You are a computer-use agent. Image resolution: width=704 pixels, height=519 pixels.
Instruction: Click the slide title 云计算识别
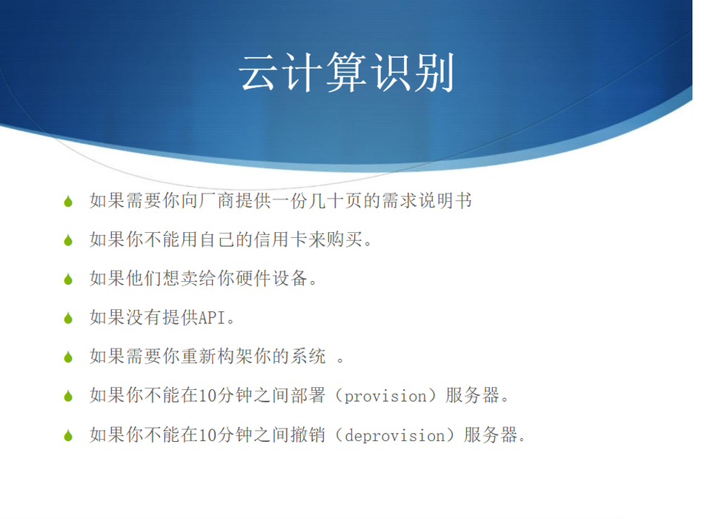(346, 73)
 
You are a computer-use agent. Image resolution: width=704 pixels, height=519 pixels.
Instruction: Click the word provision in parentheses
(385, 397)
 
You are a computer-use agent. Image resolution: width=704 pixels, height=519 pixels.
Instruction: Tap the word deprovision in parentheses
(395, 435)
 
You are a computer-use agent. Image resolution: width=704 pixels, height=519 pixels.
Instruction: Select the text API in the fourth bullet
(211, 317)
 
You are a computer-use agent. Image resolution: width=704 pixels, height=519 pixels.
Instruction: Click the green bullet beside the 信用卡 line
(68, 240)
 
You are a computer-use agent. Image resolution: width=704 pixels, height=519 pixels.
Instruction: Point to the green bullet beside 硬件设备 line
(68, 280)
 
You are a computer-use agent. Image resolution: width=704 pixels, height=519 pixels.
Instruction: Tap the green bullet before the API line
(68, 319)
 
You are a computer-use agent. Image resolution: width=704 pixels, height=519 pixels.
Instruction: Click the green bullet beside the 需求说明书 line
(68, 202)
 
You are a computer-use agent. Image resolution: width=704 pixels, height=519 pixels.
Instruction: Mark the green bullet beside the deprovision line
(68, 435)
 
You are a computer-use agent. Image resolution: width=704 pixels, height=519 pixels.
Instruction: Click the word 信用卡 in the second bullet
(281, 239)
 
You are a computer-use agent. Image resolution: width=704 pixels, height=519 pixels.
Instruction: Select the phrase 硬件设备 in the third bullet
(272, 279)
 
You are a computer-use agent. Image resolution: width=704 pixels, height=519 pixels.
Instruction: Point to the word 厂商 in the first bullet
(217, 200)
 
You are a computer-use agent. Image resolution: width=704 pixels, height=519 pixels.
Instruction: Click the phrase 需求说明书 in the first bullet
(427, 200)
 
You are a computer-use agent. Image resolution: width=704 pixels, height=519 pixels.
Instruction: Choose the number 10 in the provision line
(207, 396)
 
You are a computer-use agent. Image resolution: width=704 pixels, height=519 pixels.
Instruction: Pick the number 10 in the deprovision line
(207, 435)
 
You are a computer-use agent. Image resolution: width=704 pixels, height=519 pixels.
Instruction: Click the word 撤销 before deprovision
(307, 434)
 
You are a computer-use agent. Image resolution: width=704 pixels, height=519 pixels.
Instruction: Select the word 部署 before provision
(307, 395)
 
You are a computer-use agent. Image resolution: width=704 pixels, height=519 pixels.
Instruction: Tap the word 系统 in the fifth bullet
(308, 357)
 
